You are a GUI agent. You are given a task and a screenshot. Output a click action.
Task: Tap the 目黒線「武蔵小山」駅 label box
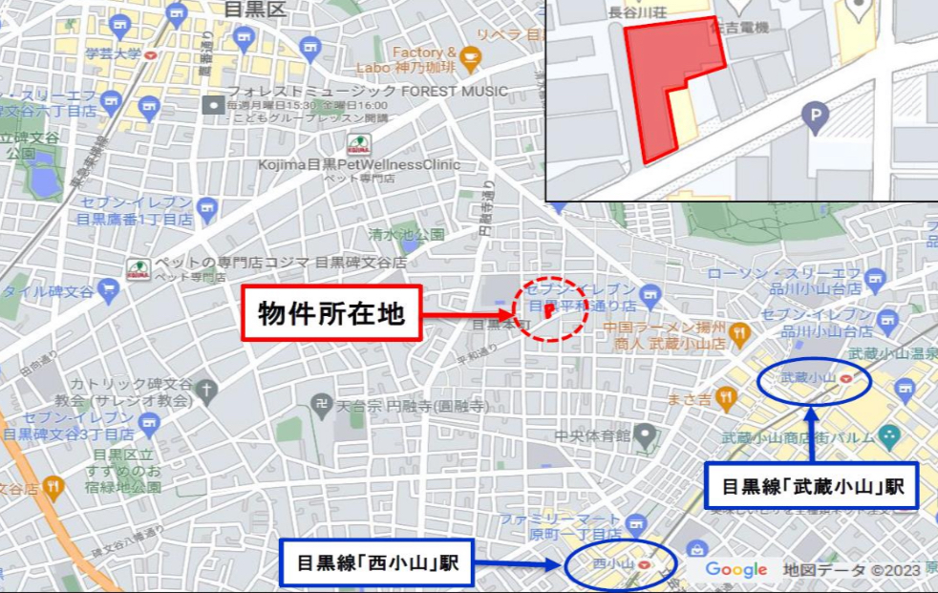pos(812,487)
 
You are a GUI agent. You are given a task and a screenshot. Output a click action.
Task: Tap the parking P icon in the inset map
pos(815,119)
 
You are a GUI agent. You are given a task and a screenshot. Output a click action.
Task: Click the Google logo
pos(736,570)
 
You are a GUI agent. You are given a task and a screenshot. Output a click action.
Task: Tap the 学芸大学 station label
pos(114,53)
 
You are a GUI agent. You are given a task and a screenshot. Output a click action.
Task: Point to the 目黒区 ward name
pos(255,11)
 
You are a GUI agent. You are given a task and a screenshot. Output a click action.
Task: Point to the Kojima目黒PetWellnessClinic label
pos(327,164)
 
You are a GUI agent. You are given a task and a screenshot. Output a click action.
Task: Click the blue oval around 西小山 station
pos(620,563)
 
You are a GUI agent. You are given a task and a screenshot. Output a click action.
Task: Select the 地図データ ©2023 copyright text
pos(852,570)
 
